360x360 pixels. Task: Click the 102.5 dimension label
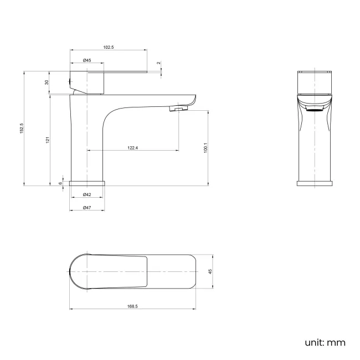[x=109, y=48]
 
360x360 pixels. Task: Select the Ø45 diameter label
[x=87, y=60]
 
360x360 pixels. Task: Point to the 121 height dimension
[x=48, y=140]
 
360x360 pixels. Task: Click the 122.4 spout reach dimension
[x=133, y=148]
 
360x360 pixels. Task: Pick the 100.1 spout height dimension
[x=205, y=148]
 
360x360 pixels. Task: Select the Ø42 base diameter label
[x=87, y=195]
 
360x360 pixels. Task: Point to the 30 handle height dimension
[x=47, y=83]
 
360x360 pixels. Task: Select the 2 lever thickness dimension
[x=158, y=63]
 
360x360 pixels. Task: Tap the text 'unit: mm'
[x=325, y=343]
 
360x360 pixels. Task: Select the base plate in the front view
[x=314, y=183]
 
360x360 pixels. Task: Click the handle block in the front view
[x=314, y=83]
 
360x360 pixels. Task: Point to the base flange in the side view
[x=87, y=183]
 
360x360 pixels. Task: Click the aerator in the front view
[x=314, y=109]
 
